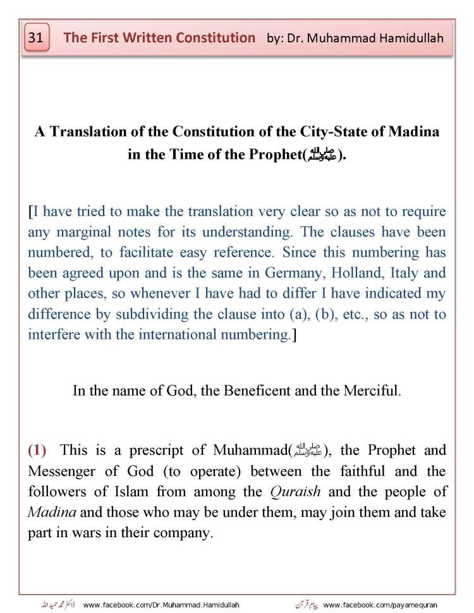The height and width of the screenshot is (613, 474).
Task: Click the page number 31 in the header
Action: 35,38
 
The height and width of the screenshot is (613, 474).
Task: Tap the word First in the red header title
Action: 110,38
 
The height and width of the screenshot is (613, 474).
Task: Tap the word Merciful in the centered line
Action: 372,391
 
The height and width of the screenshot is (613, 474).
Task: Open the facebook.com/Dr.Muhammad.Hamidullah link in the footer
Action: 161,605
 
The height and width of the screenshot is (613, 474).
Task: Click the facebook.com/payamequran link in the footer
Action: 389,605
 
